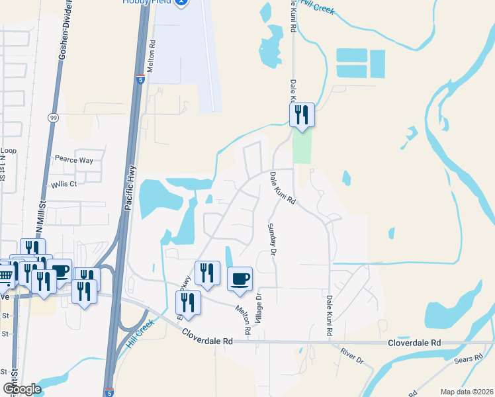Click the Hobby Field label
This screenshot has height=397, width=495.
pos(145,3)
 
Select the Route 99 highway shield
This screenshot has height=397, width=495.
pos(52,118)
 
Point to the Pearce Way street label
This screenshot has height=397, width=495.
pos(73,160)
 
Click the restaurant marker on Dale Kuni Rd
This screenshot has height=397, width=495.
pos(302,114)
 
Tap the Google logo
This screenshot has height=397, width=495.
pos(22,388)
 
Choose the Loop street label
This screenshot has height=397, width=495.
pos(8,151)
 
